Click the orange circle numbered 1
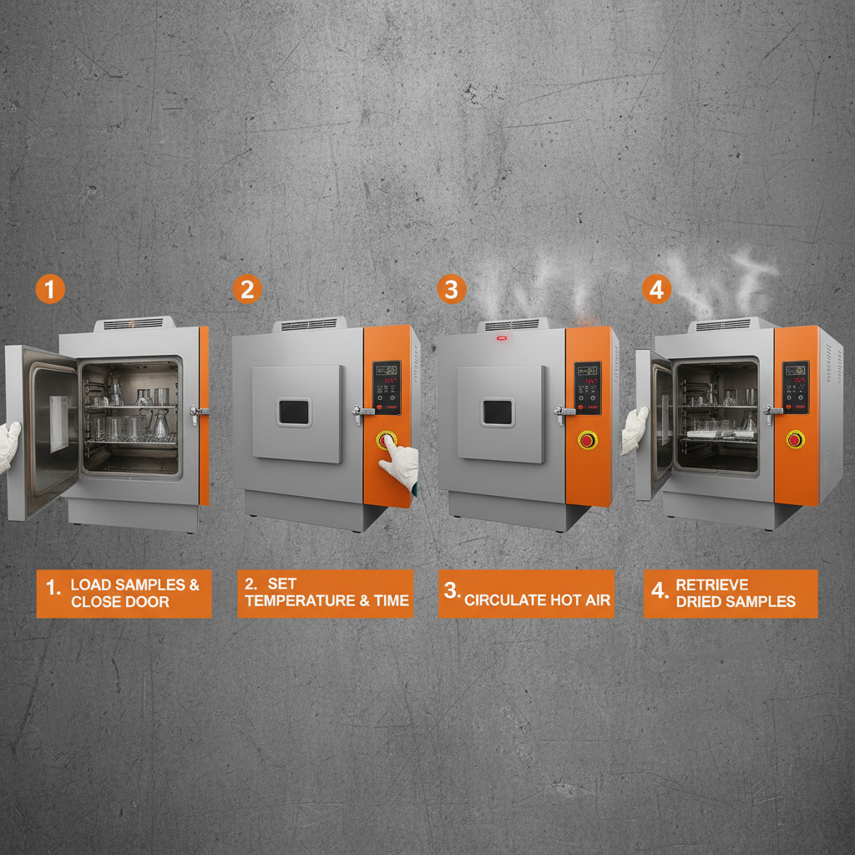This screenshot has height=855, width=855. (50, 290)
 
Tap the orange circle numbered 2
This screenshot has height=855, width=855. (247, 290)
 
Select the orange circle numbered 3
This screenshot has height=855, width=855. (452, 290)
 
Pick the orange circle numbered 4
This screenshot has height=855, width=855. (657, 290)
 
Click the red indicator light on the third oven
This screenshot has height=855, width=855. (503, 339)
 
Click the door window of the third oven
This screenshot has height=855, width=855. (498, 411)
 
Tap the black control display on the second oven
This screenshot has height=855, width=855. (387, 387)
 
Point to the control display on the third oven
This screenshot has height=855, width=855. (588, 387)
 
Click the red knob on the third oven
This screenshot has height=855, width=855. (588, 439)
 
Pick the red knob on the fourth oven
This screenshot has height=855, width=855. (795, 439)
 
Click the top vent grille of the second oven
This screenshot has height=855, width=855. (309, 324)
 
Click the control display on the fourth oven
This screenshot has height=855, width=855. (795, 386)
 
